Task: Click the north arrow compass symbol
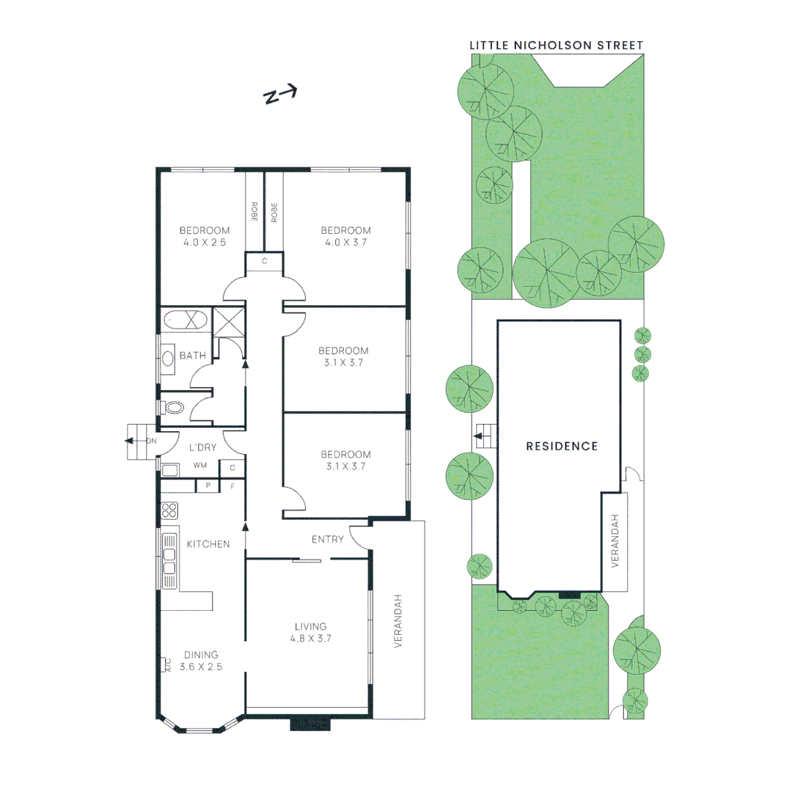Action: (x=280, y=95)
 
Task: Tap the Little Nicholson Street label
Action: (x=556, y=45)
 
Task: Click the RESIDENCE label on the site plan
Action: (x=562, y=446)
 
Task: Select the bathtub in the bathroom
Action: (x=185, y=320)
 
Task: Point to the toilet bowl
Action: (x=175, y=407)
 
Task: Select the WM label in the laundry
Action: (x=200, y=466)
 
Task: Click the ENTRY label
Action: (x=327, y=540)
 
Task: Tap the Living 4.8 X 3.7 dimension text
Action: (x=310, y=638)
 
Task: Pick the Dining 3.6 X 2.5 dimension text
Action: (x=201, y=667)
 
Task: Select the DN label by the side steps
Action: (x=151, y=441)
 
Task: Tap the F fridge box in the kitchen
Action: (x=233, y=485)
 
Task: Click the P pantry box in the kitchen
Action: (x=208, y=485)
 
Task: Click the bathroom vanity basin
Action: (x=168, y=358)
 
